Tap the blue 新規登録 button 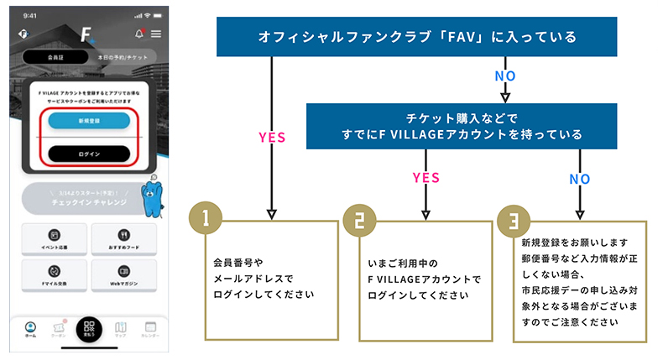[x=89, y=121]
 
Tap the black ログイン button [x=89, y=154]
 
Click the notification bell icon [x=138, y=34]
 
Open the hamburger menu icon [x=156, y=34]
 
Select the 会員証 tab [x=55, y=56]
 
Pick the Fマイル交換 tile [x=54, y=276]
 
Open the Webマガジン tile [x=123, y=276]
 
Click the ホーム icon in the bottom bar [x=31, y=329]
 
